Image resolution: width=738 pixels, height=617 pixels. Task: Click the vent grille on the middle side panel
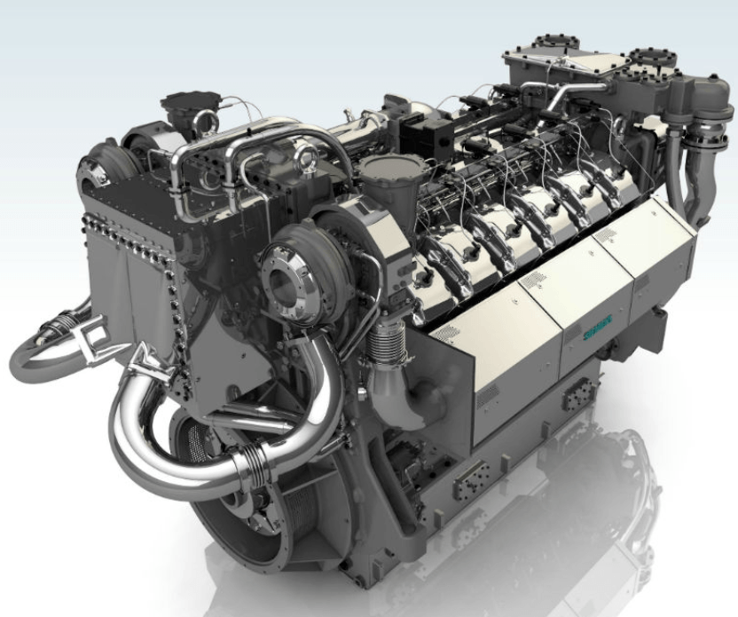[x=532, y=282]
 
